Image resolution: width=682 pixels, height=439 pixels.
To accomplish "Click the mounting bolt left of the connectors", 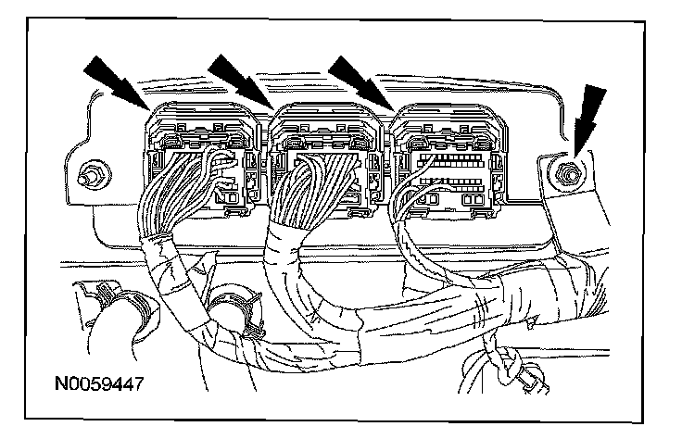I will [x=92, y=174].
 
